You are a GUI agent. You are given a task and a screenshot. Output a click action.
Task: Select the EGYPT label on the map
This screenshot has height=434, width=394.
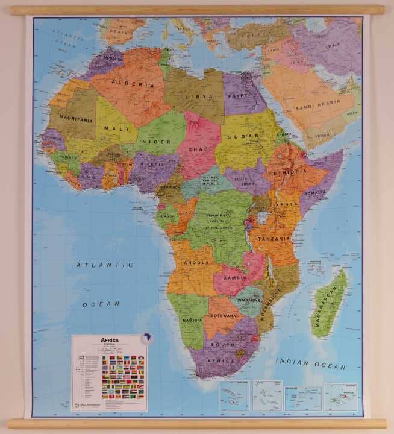tap(238, 96)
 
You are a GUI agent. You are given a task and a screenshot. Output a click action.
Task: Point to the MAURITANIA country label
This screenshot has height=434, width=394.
tap(75, 120)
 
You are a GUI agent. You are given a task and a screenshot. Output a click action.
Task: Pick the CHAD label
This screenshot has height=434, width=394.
tap(198, 148)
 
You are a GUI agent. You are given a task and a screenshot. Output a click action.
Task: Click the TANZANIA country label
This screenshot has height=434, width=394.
tap(275, 238)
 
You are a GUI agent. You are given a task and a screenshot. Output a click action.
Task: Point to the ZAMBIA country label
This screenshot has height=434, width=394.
tap(234, 278)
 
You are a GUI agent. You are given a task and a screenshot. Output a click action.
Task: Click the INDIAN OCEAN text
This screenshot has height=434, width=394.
tap(311, 363)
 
